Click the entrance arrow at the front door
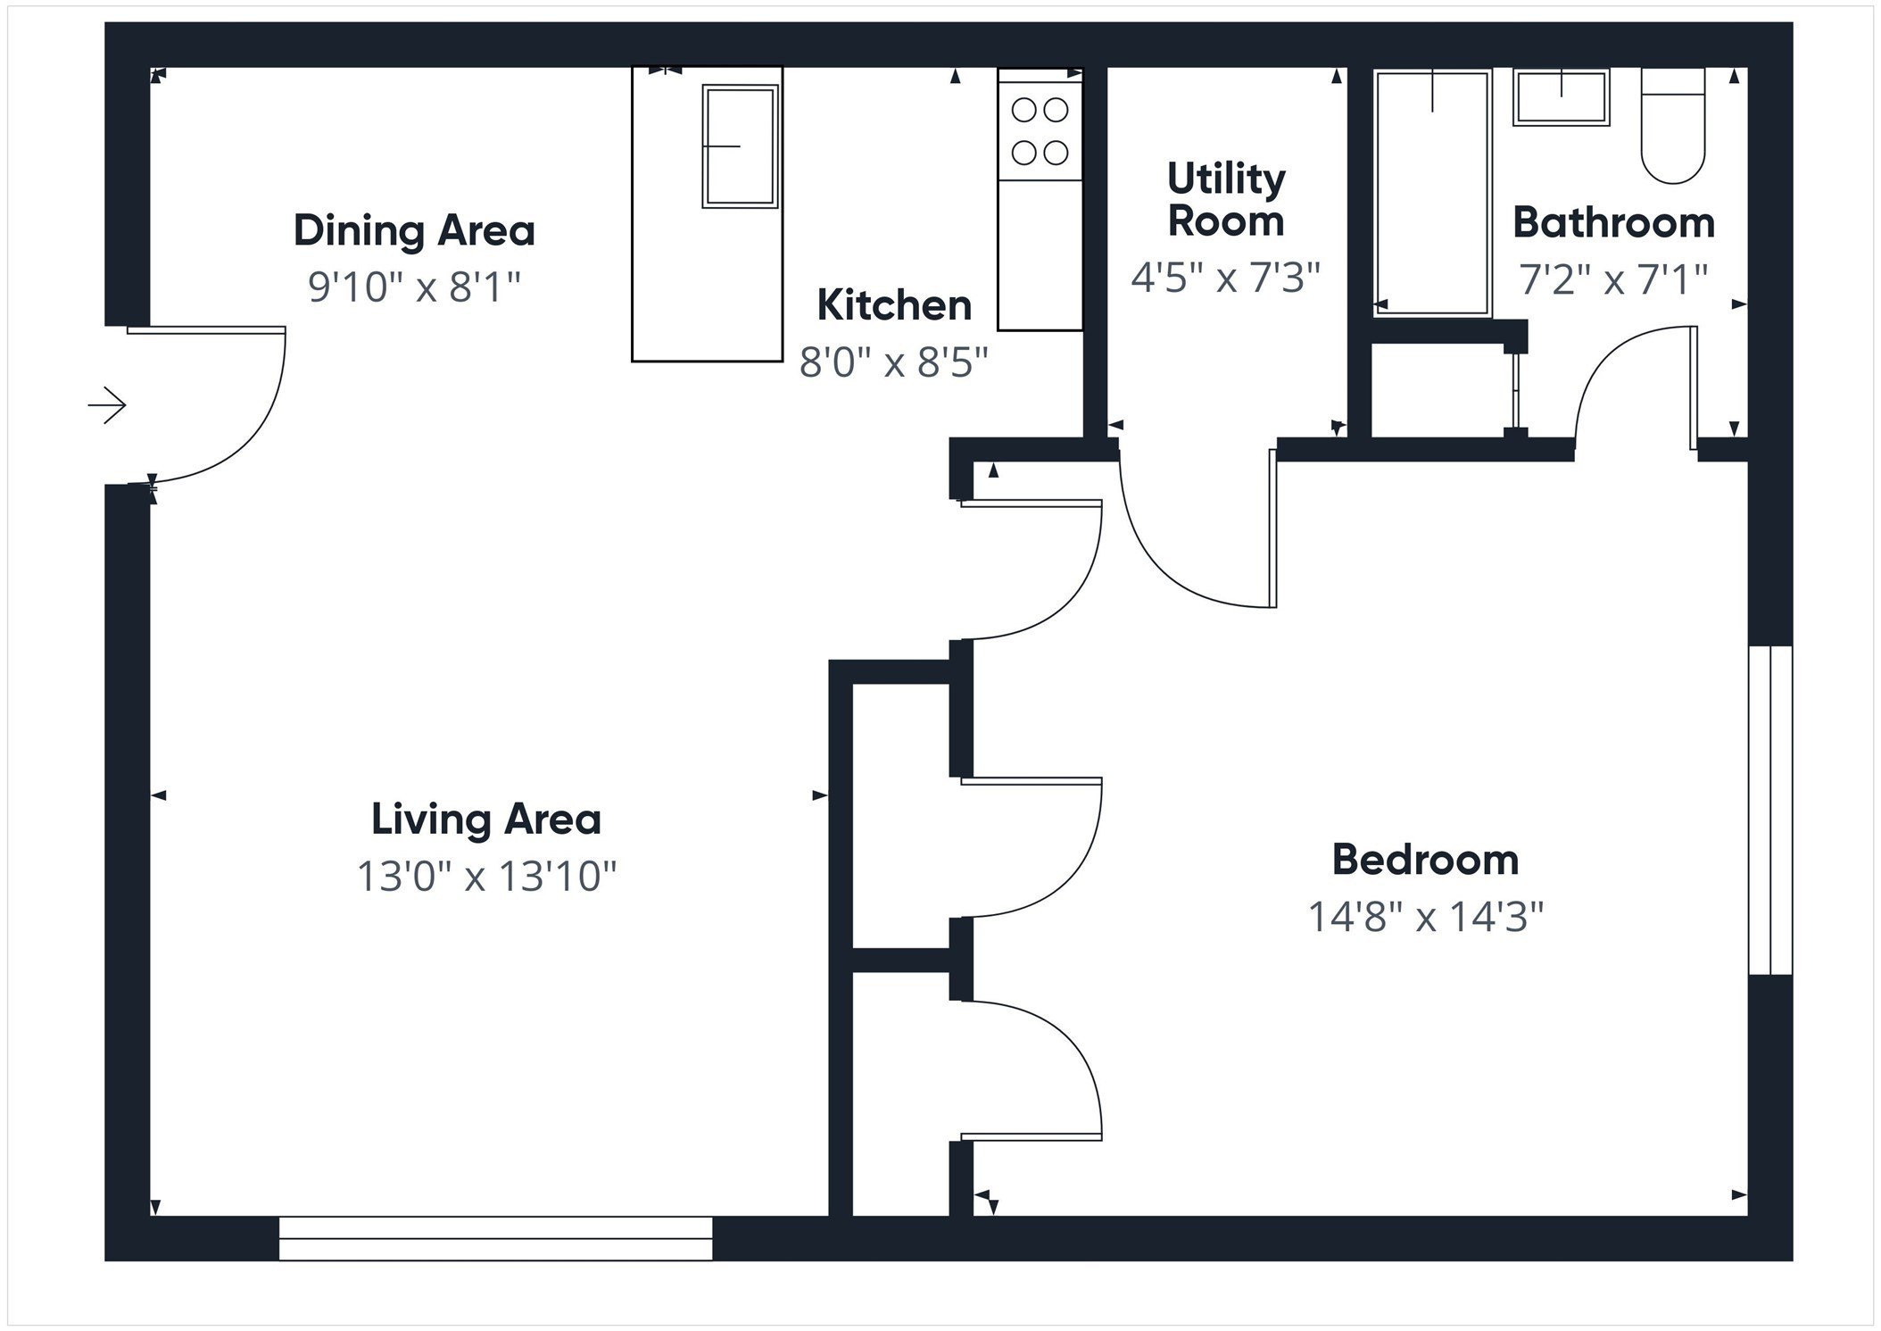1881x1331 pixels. coord(107,406)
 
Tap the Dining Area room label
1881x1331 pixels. coord(414,230)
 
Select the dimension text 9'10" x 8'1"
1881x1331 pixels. coord(414,287)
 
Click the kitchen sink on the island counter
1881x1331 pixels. coord(740,146)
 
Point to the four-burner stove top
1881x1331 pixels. coord(1040,132)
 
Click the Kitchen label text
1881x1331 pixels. coord(894,305)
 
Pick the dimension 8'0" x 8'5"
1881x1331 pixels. coord(894,362)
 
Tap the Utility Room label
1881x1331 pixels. coord(1226,200)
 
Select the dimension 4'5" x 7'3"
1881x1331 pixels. coord(1226,277)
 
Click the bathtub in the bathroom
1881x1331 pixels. coord(1432,192)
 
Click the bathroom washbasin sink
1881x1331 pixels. coord(1562,97)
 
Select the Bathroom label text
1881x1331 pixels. coord(1613,223)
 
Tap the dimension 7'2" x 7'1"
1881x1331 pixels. coord(1613,279)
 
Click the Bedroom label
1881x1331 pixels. coord(1425,860)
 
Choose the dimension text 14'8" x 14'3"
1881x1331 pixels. coord(1425,917)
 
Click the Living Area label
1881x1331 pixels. coord(486,819)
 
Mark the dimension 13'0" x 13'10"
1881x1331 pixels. coord(486,877)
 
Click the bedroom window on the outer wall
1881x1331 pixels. coord(1770,810)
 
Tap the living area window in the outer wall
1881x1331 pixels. coord(495,1238)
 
